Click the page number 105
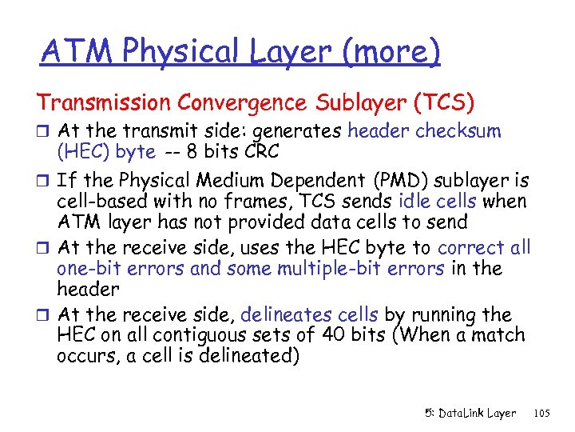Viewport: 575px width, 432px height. [541, 414]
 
